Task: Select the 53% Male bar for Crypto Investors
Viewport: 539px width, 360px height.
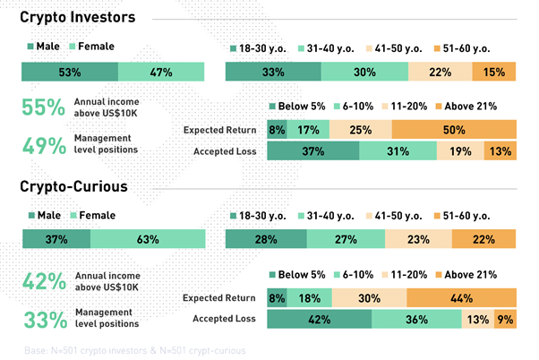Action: click(x=70, y=73)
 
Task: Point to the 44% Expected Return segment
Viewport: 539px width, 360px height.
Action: click(x=461, y=298)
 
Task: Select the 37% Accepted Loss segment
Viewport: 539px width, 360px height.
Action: click(x=312, y=151)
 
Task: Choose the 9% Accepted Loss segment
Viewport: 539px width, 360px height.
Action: click(x=505, y=319)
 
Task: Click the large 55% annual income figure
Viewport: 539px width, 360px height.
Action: click(x=44, y=107)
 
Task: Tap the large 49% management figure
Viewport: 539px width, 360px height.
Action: click(x=44, y=144)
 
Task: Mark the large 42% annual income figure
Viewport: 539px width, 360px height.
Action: click(x=44, y=281)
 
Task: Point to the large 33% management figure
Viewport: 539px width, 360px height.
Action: click(x=44, y=318)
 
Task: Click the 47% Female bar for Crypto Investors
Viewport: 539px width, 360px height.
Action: click(x=161, y=73)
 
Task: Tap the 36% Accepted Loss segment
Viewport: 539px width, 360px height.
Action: click(x=416, y=319)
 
